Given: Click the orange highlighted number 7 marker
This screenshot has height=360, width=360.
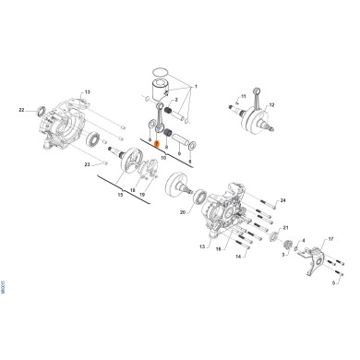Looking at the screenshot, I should pos(158,143).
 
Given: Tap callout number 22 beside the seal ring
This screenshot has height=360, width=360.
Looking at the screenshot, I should pos(20,110).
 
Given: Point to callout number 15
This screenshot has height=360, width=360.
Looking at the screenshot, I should pos(120,196).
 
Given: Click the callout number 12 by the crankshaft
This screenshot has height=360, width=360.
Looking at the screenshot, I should pos(271,106).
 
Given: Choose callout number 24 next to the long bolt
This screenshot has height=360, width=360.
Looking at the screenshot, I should pos(282,200).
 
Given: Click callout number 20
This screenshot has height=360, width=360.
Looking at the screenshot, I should pos(183,213).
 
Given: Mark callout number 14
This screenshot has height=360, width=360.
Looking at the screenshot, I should pos(238,258).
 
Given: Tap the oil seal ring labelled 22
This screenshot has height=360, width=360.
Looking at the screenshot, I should pos(42,112).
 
